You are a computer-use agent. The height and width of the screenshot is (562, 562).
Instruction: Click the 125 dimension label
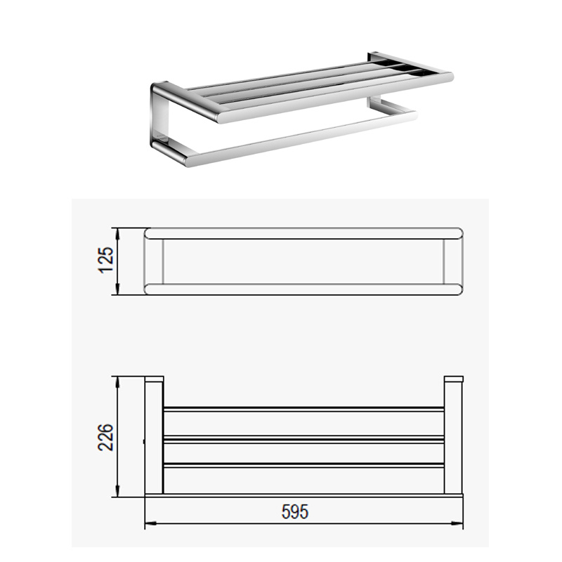107,260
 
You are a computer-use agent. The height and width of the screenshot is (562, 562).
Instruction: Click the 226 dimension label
105,437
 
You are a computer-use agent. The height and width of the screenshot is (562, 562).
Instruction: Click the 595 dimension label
294,512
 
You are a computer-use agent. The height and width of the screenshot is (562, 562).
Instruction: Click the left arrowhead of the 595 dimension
150,523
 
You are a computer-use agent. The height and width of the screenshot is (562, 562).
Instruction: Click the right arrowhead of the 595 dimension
457,523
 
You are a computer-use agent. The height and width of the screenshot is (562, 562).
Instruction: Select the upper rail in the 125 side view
303,233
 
